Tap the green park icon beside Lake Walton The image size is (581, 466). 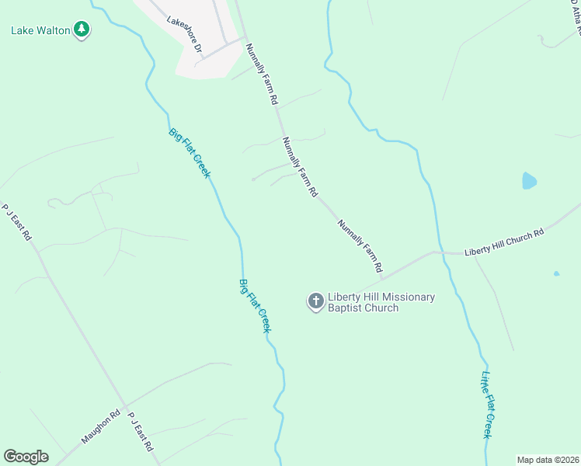coord(82,30)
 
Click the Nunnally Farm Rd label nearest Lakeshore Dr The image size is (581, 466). coord(262,74)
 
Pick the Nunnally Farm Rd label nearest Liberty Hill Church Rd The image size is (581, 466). coord(360,245)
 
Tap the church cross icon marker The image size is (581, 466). coord(315,301)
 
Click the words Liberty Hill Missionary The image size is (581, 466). coord(381,297)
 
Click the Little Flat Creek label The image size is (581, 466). coord(487,405)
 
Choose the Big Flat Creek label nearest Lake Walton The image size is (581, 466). coord(189,152)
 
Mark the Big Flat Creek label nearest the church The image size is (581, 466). coord(255,305)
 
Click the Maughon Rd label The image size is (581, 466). coord(101,427)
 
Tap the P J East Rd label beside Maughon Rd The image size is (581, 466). coord(141,433)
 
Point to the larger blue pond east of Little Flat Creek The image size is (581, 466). coord(529,181)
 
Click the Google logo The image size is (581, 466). coord(26,457)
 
